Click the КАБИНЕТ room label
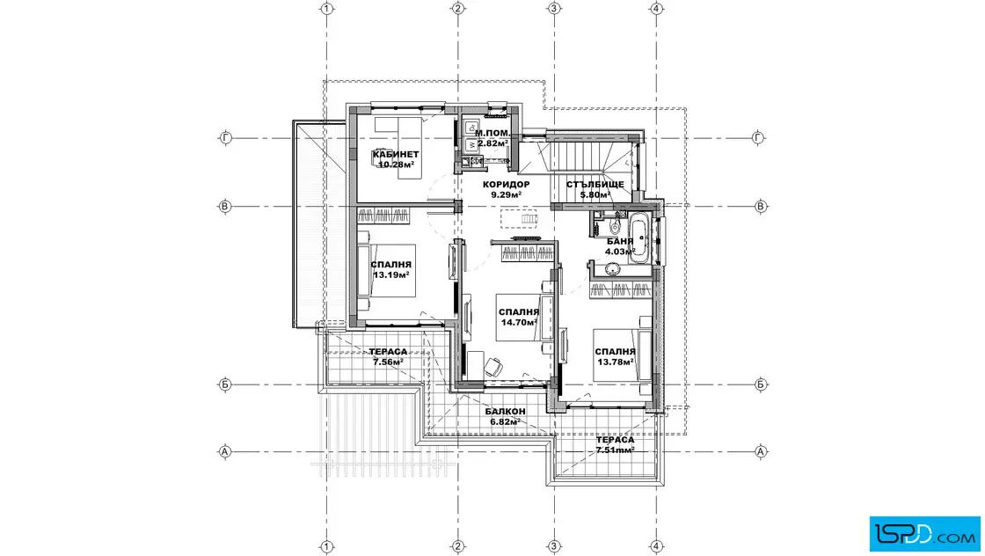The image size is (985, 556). [395, 155]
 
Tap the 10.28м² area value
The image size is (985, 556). [396, 165]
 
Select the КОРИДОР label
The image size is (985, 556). [506, 185]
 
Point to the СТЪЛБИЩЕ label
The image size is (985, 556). [595, 185]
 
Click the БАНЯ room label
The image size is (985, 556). [620, 241]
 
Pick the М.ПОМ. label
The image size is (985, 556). [492, 133]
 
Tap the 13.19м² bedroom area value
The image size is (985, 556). [390, 275]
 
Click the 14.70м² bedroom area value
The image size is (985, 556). [519, 322]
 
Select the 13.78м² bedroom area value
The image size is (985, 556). [615, 362]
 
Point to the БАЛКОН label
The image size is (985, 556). [505, 412]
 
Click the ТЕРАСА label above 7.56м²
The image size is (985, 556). [388, 352]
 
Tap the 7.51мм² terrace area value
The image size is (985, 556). [615, 450]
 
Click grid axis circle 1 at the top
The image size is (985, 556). [326, 9]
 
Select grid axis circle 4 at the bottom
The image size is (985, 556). [656, 546]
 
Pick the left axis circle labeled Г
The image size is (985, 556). [225, 137]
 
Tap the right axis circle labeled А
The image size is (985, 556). [760, 451]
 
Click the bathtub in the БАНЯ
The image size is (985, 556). [641, 238]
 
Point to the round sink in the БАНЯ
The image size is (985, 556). [612, 269]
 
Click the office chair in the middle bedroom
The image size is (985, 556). [493, 366]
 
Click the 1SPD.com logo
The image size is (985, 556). [924, 534]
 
